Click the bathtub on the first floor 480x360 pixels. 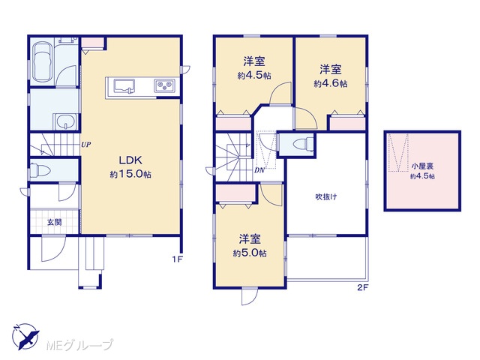point(43,62)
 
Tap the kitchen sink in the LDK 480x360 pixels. point(124,85)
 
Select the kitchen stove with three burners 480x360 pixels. point(165,85)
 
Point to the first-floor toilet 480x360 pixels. point(40,170)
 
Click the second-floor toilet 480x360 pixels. point(303,144)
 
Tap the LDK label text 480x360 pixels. point(130,160)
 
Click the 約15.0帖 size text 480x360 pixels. point(130,174)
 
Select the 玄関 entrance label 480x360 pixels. point(54,222)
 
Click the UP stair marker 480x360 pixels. point(86,145)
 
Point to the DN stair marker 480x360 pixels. point(259,171)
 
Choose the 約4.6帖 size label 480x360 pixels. point(330,83)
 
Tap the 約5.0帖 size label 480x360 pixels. point(250,253)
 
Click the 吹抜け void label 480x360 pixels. point(326,196)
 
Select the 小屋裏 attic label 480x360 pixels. point(422,166)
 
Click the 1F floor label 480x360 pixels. point(177,259)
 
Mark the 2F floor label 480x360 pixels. point(362,288)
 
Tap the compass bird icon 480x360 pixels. point(25,336)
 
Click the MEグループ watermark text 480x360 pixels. point(79,345)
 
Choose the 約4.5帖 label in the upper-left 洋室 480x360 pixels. point(254,76)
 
